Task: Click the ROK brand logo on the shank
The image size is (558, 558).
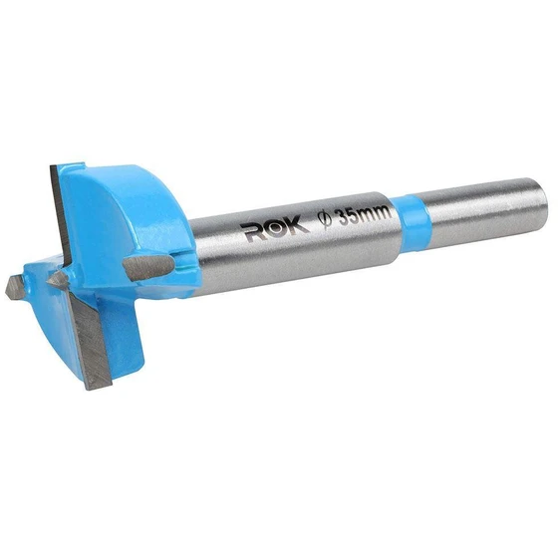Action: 273,232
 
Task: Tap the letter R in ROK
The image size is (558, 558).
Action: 254,233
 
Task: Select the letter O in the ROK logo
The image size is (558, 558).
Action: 275,230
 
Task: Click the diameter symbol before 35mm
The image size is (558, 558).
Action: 325,219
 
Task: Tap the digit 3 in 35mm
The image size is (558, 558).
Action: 343,217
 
